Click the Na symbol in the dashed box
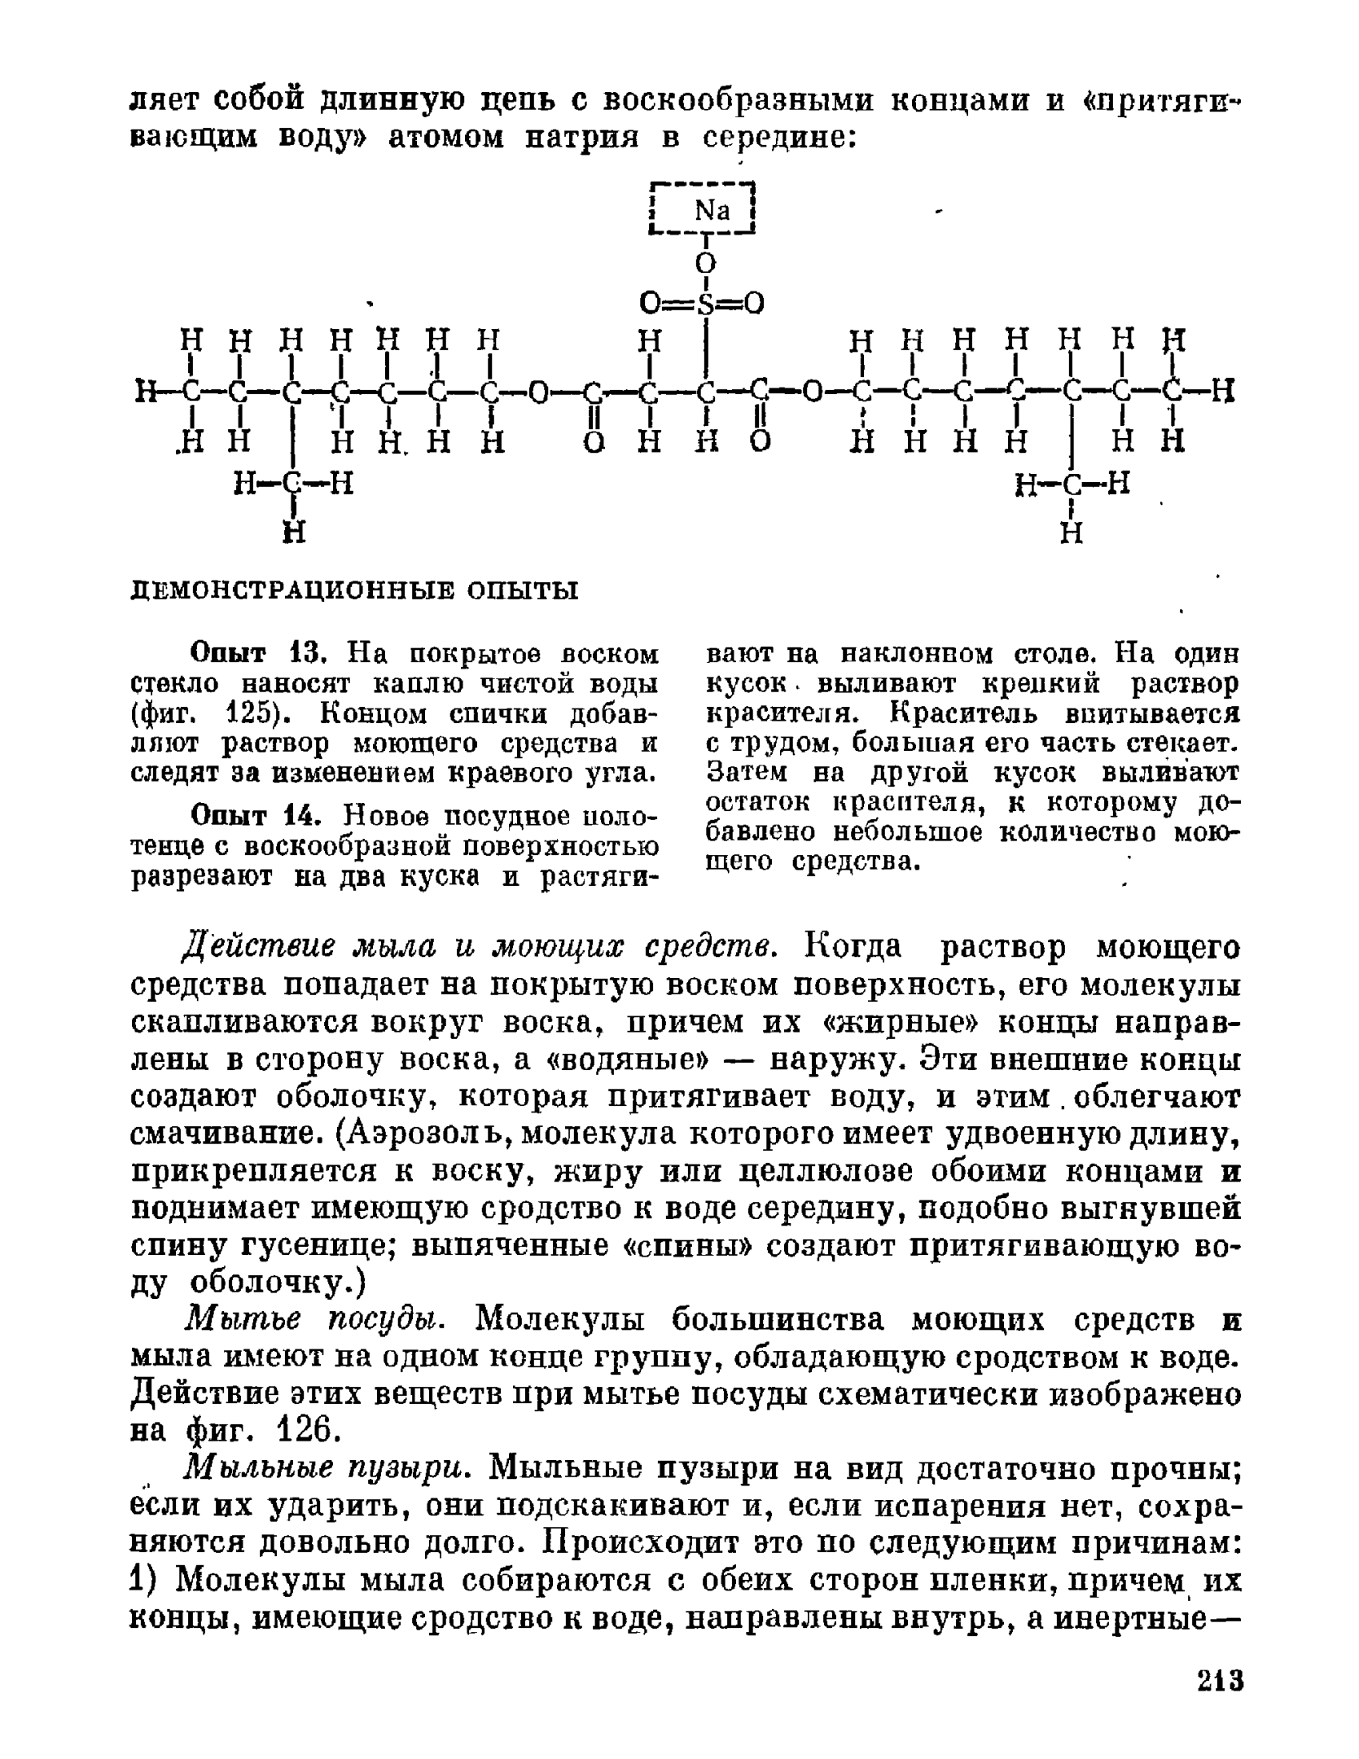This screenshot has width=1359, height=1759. (712, 212)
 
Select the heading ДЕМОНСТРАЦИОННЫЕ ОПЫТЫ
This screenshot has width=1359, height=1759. (354, 590)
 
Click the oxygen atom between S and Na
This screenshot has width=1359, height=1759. (705, 262)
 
